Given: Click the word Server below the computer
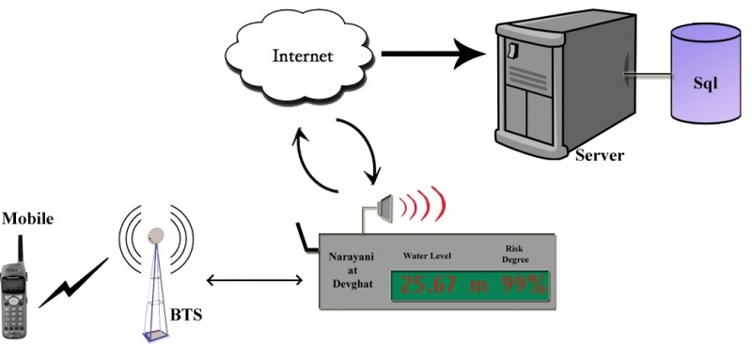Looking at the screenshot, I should [x=599, y=154].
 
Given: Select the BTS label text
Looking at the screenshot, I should [x=184, y=313].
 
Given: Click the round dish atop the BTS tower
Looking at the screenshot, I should [x=155, y=235].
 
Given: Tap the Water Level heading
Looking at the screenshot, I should [x=428, y=255].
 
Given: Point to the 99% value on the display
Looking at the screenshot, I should [x=523, y=286].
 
